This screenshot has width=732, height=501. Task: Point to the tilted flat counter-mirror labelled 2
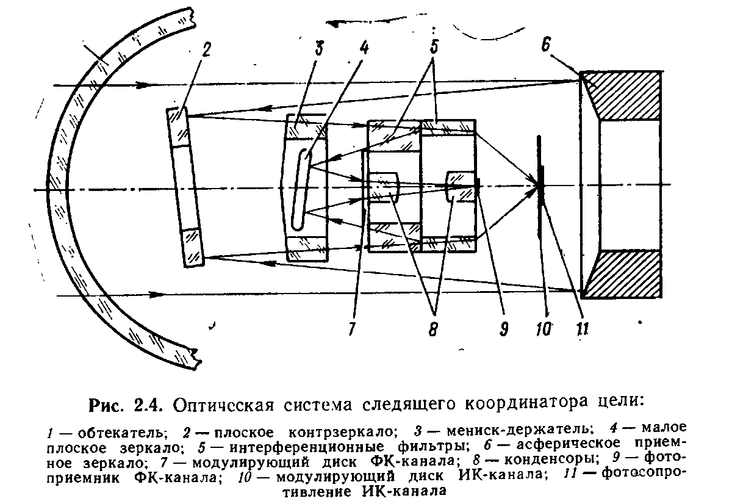pyautogui.click(x=185, y=186)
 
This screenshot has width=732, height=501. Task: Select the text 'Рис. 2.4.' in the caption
pyautogui.click(x=127, y=404)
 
